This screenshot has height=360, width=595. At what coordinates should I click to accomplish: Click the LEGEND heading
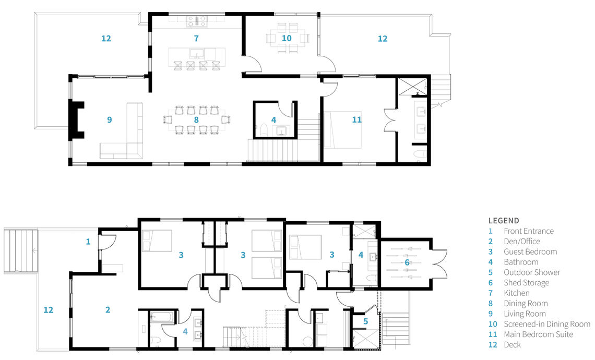click(x=504, y=220)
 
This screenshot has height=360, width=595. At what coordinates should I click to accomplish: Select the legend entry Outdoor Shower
click(x=532, y=272)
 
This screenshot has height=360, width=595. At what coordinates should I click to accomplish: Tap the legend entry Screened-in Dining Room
click(x=547, y=324)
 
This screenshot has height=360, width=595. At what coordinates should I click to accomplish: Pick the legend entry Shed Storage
click(x=526, y=283)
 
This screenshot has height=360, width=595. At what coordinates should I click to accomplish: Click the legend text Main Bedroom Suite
click(x=538, y=334)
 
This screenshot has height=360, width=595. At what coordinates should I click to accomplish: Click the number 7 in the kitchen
click(x=196, y=38)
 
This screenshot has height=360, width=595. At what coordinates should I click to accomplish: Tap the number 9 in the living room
click(x=109, y=119)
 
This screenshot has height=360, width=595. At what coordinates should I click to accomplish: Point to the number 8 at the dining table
click(x=196, y=119)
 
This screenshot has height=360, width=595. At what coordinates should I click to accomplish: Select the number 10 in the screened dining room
click(x=287, y=38)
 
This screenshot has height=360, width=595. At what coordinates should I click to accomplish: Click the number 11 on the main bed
click(x=356, y=119)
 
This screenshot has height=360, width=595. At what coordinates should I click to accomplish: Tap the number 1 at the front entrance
click(x=88, y=242)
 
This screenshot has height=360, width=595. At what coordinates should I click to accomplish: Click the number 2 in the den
click(x=108, y=310)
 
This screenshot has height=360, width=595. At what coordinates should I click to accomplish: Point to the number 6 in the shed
click(x=407, y=262)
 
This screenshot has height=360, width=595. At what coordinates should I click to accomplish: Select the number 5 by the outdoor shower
click(x=365, y=322)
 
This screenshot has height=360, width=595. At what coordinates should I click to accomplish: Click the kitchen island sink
click(x=197, y=53)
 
